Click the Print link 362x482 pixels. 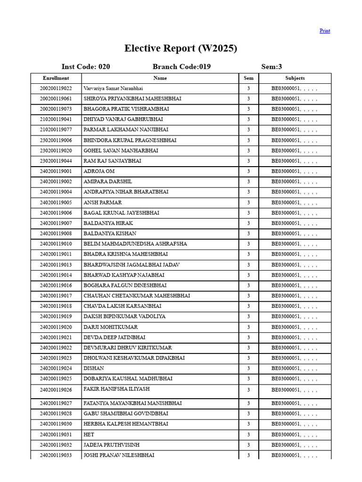pyautogui.click(x=325, y=31)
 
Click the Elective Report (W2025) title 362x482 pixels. pyautogui.click(x=181, y=48)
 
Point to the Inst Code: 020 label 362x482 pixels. pyautogui.click(x=86, y=67)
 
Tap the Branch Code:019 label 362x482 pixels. pyautogui.click(x=181, y=67)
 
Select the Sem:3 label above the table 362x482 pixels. pyautogui.click(x=271, y=67)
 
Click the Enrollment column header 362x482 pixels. pyautogui.click(x=56, y=78)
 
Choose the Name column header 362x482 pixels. pyautogui.click(x=160, y=78)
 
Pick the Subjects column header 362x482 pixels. pyautogui.click(x=295, y=78)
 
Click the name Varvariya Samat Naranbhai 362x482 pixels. pyautogui.click(x=113, y=88)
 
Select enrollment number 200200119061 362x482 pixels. pyautogui.click(x=56, y=99)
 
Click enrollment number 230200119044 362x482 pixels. pyautogui.click(x=56, y=161)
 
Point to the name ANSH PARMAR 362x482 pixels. pyautogui.click(x=103, y=202)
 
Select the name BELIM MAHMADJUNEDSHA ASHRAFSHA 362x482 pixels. pyautogui.click(x=135, y=244)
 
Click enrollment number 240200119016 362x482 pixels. pyautogui.click(x=56, y=285)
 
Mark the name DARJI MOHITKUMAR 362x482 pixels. pyautogui.click(x=111, y=327)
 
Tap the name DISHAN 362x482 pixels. pyautogui.click(x=94, y=369)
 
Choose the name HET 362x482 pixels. pyautogui.click(x=89, y=434)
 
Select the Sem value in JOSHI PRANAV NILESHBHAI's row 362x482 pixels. pyautogui.click(x=248, y=455)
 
